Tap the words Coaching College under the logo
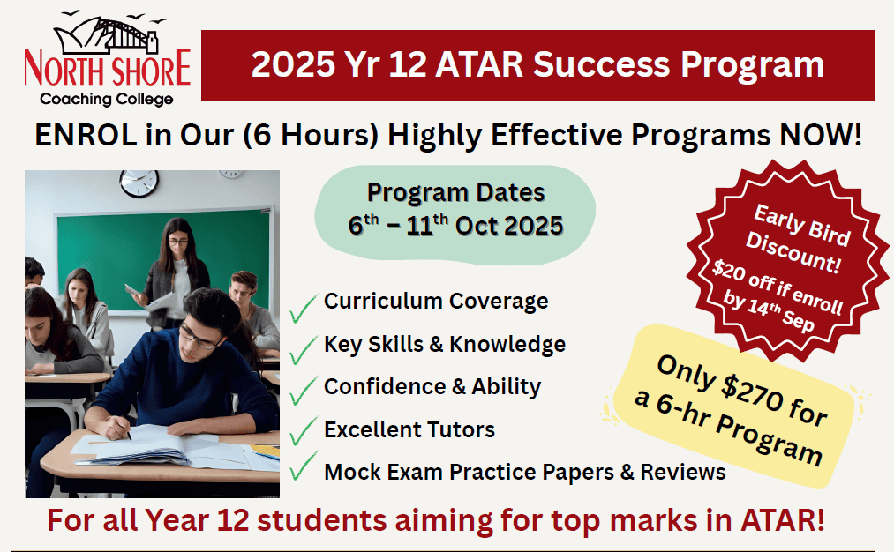(x=107, y=99)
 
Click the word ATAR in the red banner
(x=479, y=64)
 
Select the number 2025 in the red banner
(x=293, y=64)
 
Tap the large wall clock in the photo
(x=139, y=183)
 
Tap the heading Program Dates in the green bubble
(x=455, y=193)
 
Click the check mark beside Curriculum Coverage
(x=303, y=309)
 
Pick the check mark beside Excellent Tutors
(x=303, y=430)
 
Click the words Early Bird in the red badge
(x=802, y=225)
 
